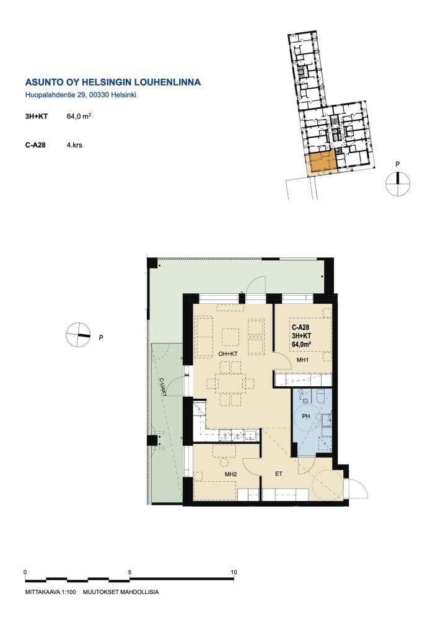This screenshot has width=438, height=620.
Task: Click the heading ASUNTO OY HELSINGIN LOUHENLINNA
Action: pyautogui.click(x=113, y=82)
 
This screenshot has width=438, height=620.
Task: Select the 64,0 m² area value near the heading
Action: pyautogui.click(x=79, y=117)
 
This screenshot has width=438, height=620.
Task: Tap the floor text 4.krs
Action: pyautogui.click(x=74, y=145)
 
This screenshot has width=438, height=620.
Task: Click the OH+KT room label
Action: pyautogui.click(x=228, y=354)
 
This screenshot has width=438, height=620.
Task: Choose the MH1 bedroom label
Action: pyautogui.click(x=302, y=360)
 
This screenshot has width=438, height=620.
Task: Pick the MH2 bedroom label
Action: pyautogui.click(x=230, y=474)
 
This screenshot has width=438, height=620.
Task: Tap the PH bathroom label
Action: pyautogui.click(x=305, y=417)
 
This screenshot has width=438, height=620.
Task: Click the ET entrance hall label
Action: pyautogui.click(x=279, y=474)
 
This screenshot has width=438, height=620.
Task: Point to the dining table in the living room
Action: pyautogui.click(x=230, y=383)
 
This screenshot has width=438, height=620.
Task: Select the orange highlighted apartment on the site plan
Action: pyautogui.click(x=322, y=162)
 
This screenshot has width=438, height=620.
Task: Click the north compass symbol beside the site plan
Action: pyautogui.click(x=398, y=184)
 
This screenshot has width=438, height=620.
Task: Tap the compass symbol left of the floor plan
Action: pyautogui.click(x=78, y=335)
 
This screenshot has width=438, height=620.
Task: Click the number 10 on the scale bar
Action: pyautogui.click(x=234, y=572)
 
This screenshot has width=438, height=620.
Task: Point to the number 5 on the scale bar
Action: pyautogui.click(x=129, y=572)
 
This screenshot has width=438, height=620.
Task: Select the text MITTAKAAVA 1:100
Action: pyautogui.click(x=50, y=592)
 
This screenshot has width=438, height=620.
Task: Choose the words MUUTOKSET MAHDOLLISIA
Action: pyautogui.click(x=121, y=592)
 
